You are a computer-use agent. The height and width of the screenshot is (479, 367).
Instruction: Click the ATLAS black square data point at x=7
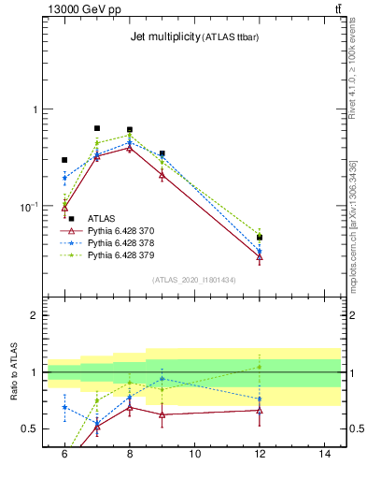[x=97, y=128]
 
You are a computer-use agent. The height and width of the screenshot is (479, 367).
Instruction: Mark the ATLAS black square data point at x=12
[x=260, y=238]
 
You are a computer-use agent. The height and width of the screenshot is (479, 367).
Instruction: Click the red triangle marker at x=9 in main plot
[x=162, y=174]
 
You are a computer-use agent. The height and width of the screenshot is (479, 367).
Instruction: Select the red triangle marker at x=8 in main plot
[x=130, y=147]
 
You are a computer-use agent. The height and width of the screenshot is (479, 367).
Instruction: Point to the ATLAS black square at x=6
[x=64, y=160]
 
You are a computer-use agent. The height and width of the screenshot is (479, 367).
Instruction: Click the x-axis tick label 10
[x=194, y=454]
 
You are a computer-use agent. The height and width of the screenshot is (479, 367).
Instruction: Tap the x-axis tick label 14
[x=325, y=454]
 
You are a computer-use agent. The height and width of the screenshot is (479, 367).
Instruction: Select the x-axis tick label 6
[x=64, y=454]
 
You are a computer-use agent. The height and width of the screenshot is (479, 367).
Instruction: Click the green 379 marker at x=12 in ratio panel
[x=260, y=367]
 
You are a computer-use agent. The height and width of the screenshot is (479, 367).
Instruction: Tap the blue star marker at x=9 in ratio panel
[x=162, y=379]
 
